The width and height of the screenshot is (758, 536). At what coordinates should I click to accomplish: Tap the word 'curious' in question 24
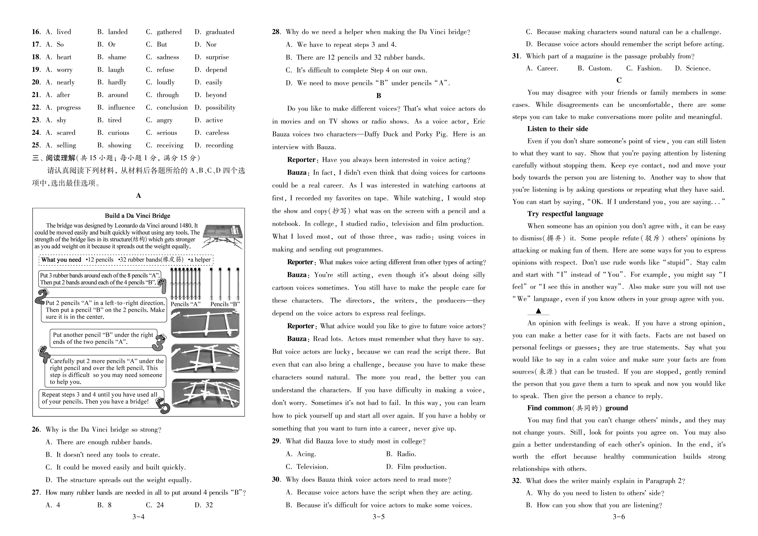click(x=119, y=133)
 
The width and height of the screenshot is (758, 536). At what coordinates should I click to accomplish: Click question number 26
click(x=36, y=430)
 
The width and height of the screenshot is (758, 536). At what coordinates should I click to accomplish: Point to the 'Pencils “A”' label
click(x=185, y=304)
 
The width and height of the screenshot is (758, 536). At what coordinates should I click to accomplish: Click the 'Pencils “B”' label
click(x=225, y=304)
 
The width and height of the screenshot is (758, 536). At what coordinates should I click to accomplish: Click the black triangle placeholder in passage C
click(x=538, y=311)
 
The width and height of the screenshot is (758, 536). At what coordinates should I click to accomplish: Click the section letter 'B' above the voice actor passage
click(x=379, y=96)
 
